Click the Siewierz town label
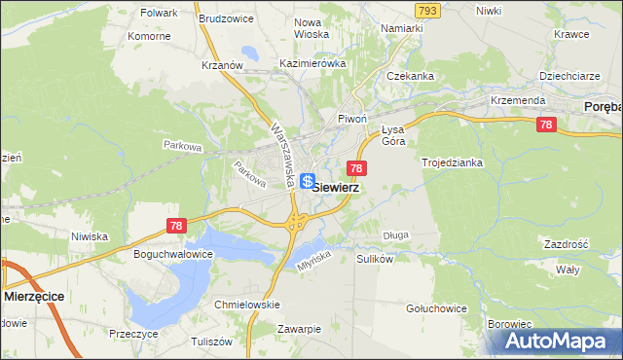[336, 188]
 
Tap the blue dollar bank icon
[308, 181]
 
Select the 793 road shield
[426, 10]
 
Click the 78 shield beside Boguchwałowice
[175, 226]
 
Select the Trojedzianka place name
[452, 162]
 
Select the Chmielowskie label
[247, 305]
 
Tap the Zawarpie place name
[299, 329]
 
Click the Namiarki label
[402, 29]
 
